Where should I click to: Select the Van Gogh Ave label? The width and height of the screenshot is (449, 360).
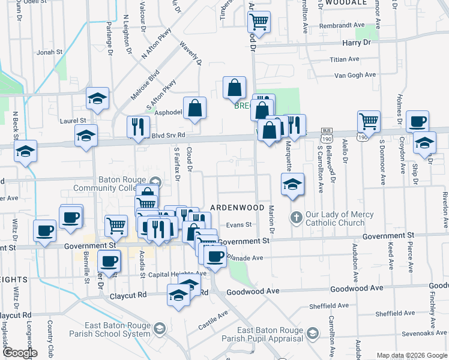(x=355, y=76)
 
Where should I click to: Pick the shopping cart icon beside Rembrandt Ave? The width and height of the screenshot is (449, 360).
(x=259, y=22)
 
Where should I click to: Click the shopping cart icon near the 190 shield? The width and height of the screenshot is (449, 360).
(x=369, y=121)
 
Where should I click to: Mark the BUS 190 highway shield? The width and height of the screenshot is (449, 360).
(x=327, y=131)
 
